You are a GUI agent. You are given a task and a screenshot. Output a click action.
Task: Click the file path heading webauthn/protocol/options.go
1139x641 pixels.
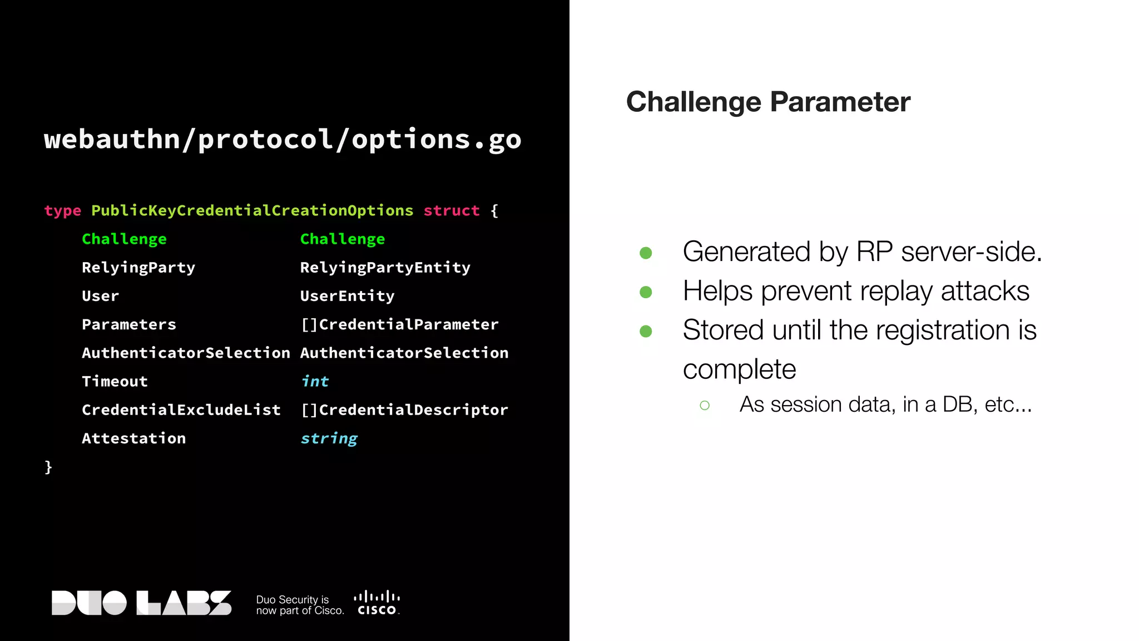tap(283, 139)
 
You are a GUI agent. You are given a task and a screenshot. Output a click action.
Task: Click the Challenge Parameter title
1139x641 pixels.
tap(768, 102)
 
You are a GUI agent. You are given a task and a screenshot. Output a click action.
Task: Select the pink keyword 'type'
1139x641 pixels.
tap(62, 211)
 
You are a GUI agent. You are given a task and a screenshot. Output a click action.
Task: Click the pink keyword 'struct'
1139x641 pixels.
tap(451, 211)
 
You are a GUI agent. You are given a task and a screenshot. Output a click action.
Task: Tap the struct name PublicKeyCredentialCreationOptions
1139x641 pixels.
tap(252, 211)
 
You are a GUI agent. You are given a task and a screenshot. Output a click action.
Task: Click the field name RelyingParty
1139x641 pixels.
tap(138, 268)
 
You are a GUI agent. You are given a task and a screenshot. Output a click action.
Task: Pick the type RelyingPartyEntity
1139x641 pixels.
tap(385, 268)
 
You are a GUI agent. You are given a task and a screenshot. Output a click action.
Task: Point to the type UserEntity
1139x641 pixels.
tap(347, 296)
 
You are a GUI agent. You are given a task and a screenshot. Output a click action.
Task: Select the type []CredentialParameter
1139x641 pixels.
tap(399, 324)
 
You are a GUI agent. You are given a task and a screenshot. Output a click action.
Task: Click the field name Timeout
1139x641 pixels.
tap(115, 382)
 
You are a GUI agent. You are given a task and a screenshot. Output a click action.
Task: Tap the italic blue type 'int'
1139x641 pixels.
tap(315, 382)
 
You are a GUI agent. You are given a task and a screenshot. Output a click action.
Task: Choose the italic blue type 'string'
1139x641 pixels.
tap(329, 438)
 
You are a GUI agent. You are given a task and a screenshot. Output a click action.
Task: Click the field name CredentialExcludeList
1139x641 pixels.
tap(181, 410)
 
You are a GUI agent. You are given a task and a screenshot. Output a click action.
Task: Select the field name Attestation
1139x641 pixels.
tap(133, 438)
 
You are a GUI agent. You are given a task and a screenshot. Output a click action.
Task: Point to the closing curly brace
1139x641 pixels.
tap(48, 466)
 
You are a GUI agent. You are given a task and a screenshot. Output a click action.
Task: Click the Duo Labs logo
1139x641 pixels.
tap(141, 603)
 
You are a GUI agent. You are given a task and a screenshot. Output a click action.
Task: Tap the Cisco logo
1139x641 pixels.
tap(377, 603)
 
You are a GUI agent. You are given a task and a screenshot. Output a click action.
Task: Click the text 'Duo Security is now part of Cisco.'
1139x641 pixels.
tap(299, 605)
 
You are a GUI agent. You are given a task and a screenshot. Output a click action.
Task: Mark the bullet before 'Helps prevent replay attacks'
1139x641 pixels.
tap(646, 292)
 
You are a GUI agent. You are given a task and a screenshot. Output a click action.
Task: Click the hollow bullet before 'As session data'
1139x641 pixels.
tap(705, 406)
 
